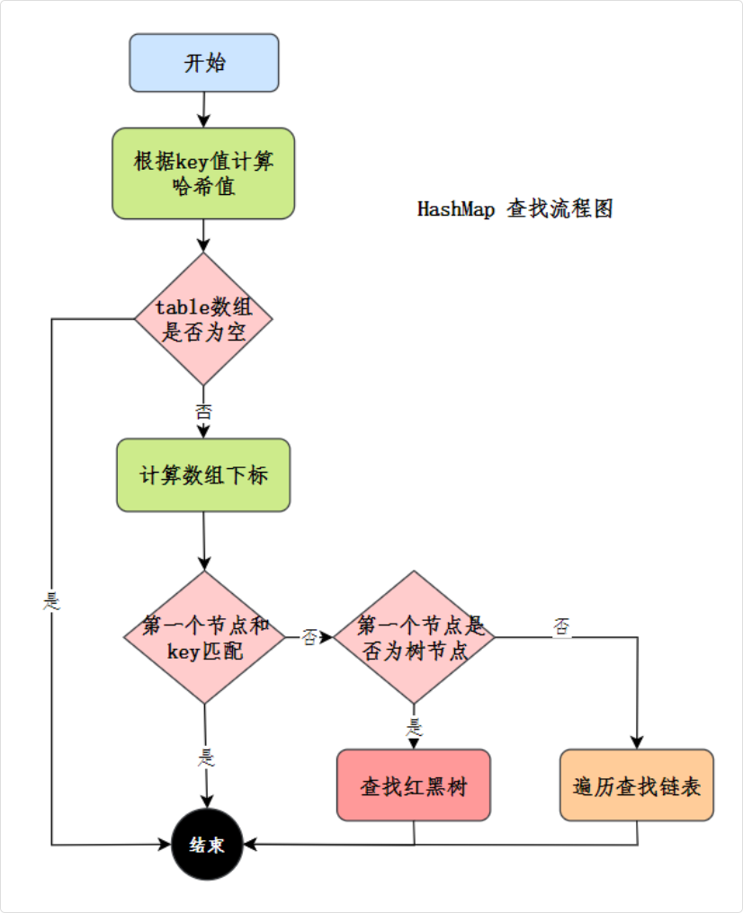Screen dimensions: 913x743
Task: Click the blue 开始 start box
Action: (204, 63)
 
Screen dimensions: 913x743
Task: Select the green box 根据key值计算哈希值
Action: (203, 173)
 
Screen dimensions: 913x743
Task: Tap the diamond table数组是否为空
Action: (203, 319)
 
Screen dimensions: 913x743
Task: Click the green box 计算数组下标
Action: (203, 475)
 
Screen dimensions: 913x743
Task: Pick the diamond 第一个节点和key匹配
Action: (204, 637)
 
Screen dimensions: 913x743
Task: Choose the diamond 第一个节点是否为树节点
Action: (415, 637)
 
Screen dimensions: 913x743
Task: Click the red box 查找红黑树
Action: (414, 785)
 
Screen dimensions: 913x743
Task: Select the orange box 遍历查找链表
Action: (637, 785)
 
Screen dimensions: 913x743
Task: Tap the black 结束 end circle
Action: (208, 845)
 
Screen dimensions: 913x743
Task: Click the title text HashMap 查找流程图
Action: (515, 209)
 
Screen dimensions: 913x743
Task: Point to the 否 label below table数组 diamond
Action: (203, 412)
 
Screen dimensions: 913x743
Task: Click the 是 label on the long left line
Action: (51, 601)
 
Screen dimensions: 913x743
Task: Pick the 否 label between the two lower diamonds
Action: (309, 637)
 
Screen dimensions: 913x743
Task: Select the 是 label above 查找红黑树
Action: (415, 726)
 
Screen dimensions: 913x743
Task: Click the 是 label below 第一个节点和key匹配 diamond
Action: (206, 757)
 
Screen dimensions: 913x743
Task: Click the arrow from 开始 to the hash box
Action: (204, 109)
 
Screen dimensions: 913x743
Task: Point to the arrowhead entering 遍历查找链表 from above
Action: (637, 742)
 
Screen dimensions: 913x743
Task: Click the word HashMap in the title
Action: (454, 209)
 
